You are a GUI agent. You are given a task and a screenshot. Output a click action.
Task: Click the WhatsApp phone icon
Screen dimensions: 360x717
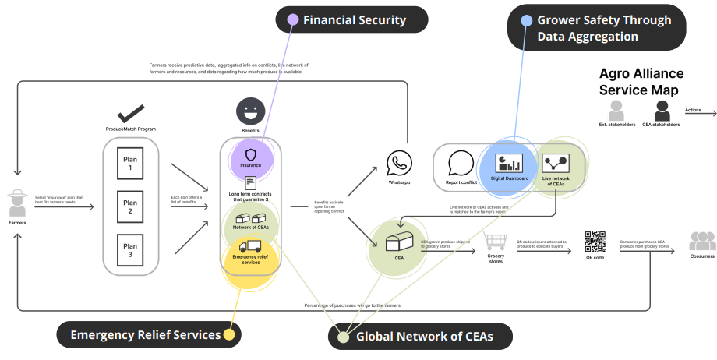tap(399, 163)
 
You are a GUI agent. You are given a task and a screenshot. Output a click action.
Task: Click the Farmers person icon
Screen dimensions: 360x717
tap(17, 204)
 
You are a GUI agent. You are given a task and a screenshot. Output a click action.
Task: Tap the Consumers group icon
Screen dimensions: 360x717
tap(702, 241)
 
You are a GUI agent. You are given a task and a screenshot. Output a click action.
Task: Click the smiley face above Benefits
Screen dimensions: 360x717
tap(249, 110)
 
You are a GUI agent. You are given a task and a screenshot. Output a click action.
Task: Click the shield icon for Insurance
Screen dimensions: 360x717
tap(251, 154)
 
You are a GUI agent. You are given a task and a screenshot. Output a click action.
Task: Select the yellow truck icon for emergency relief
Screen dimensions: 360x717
tap(251, 246)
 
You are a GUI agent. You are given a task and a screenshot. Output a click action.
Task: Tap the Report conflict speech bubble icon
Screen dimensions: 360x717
tap(461, 163)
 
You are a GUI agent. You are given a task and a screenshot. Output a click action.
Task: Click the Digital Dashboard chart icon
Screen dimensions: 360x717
tap(510, 162)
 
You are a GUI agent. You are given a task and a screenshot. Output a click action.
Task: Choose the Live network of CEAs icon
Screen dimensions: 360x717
tap(556, 163)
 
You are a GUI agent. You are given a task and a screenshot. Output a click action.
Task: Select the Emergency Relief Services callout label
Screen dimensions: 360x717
tap(147, 334)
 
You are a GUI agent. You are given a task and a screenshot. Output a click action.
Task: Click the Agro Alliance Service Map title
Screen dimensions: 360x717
tap(641, 82)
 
